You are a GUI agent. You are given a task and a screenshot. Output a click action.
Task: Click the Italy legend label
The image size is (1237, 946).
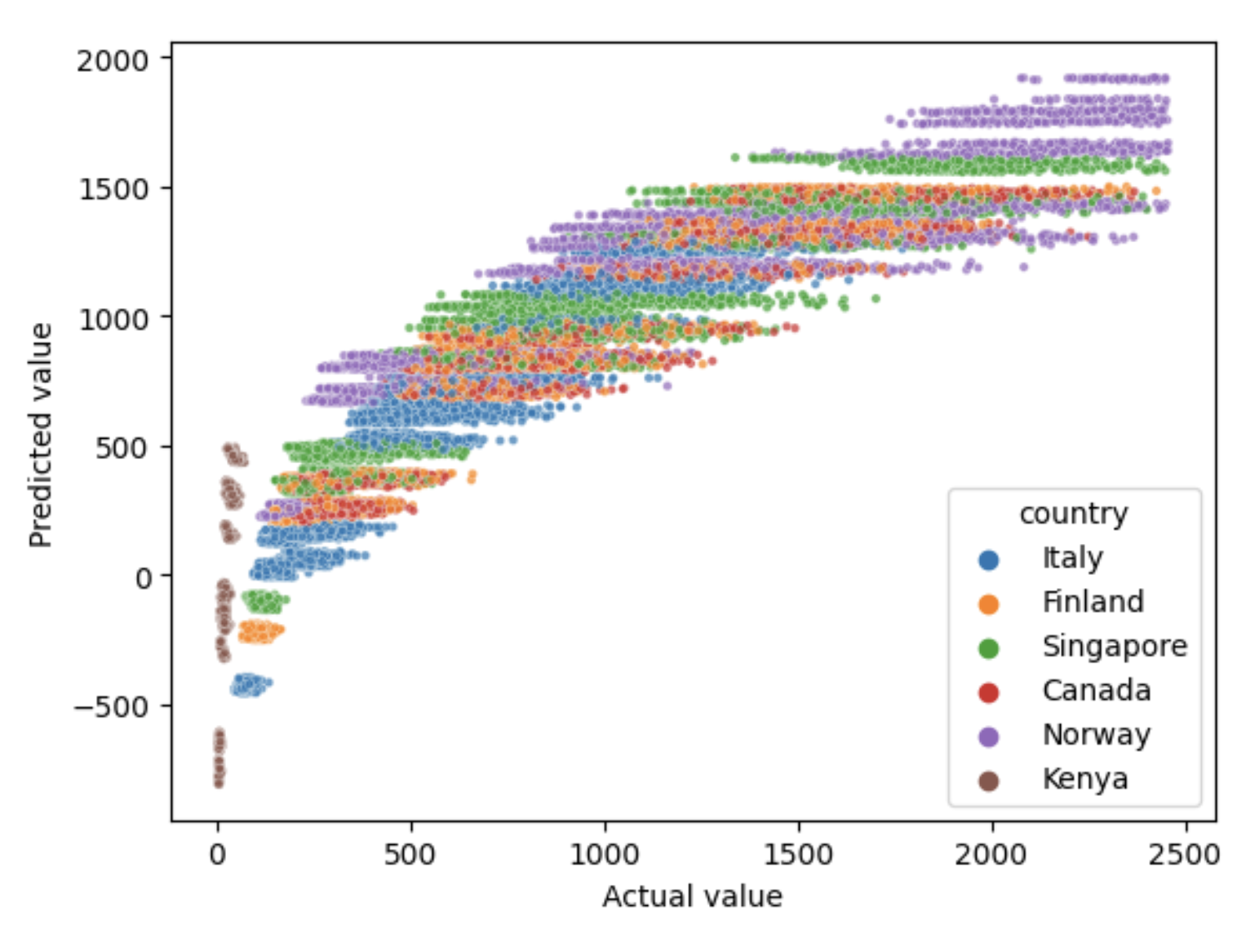coord(1072,559)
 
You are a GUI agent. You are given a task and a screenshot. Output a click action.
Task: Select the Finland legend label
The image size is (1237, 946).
coord(1093,603)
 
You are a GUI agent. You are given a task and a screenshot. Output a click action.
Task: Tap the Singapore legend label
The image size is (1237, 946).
coord(1114,647)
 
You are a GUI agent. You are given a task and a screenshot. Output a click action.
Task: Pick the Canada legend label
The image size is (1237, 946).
coord(1096,691)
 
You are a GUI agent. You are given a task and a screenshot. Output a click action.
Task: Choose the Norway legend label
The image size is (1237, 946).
coord(1096,735)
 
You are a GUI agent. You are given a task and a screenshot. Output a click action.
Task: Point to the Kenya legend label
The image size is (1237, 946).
coord(1084,779)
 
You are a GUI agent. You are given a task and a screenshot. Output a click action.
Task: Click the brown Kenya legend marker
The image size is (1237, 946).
coord(988,780)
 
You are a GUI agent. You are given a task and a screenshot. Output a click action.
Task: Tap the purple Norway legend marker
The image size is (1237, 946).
coord(988,736)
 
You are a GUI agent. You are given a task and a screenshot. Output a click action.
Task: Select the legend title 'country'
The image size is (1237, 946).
coord(1073,514)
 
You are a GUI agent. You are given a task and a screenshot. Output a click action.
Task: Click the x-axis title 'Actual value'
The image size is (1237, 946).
coord(692,896)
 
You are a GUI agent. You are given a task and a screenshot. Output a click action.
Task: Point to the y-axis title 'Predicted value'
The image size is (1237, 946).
coord(41,435)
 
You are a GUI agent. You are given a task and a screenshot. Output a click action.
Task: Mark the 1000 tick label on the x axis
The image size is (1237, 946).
coord(604,855)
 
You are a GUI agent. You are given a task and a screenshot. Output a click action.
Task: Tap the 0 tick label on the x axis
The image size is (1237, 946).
coord(217,855)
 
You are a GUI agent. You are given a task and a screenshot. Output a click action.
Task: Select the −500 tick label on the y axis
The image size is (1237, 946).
coord(112,706)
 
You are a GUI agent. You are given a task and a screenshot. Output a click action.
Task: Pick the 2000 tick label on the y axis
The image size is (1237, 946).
coord(113,60)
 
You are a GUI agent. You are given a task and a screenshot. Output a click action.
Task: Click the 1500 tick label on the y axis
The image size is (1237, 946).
coord(113,189)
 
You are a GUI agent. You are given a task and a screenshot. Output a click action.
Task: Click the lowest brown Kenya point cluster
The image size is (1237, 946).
coord(219,758)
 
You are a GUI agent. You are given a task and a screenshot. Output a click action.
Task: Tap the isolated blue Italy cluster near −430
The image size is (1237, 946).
coord(248,685)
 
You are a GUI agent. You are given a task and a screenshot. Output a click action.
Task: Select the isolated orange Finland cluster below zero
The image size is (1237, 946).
coord(259,631)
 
